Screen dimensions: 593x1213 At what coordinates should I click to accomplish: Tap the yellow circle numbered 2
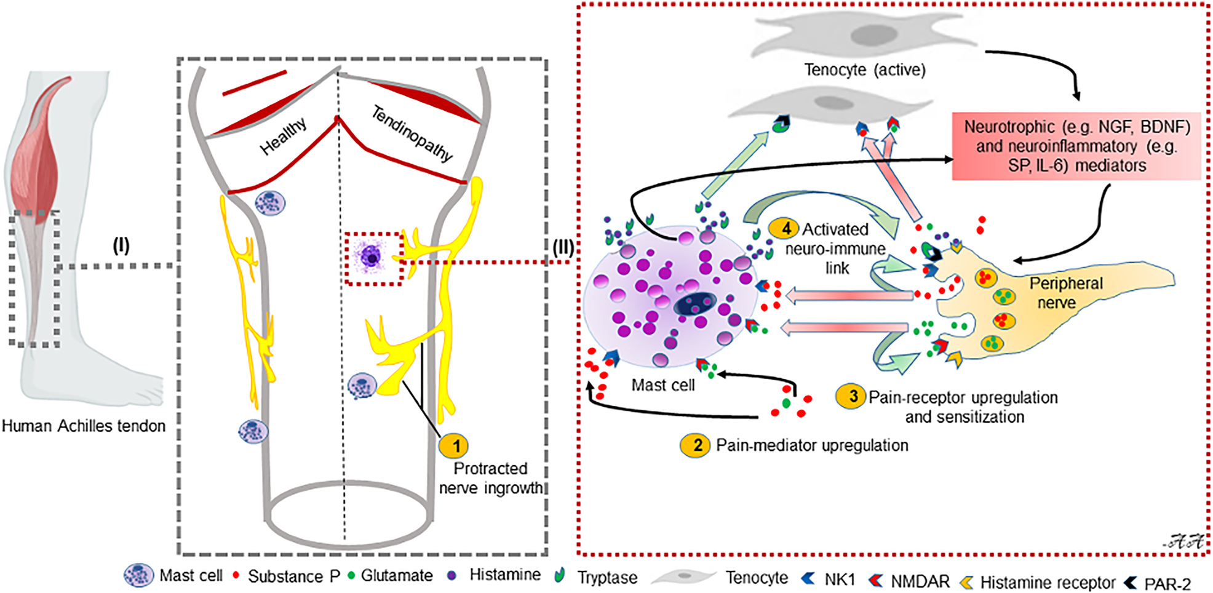(x=696, y=445)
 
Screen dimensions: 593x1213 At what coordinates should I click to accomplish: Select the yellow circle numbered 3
(x=851, y=397)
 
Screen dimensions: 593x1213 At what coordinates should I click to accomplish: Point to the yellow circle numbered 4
(x=784, y=229)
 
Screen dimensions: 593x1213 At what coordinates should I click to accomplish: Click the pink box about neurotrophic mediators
(x=1076, y=146)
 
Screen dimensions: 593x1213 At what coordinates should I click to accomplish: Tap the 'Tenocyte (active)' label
(x=864, y=70)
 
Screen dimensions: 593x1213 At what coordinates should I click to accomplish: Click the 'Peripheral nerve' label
(x=1065, y=293)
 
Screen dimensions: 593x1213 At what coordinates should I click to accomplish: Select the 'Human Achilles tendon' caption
(x=84, y=426)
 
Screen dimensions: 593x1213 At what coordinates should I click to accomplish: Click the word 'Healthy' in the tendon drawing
(x=283, y=137)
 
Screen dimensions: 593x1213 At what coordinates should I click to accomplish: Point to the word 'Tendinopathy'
(x=412, y=133)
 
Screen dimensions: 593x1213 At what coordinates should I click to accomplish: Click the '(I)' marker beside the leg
(x=121, y=246)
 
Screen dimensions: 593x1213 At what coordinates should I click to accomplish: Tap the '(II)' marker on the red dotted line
(x=563, y=248)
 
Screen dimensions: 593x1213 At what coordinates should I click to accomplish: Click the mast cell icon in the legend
(x=138, y=575)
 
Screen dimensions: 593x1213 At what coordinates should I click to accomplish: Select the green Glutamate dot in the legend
(x=352, y=575)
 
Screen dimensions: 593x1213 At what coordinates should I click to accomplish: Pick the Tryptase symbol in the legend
(x=559, y=575)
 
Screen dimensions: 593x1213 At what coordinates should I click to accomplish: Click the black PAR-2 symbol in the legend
(x=1131, y=582)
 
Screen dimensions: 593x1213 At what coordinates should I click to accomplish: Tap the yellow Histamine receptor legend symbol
(x=967, y=582)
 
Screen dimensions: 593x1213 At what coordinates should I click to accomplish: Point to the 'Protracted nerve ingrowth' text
(x=490, y=478)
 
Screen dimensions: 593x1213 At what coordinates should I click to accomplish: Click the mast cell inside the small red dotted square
(x=372, y=257)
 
